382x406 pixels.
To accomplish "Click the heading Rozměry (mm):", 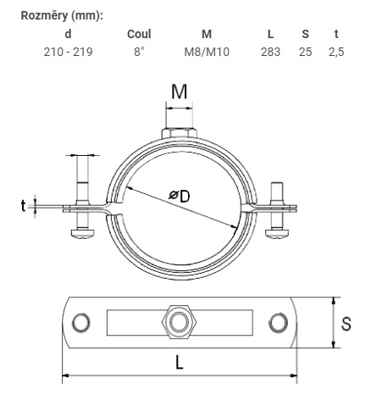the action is tap(62, 16).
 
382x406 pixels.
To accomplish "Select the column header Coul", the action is tap(139, 34).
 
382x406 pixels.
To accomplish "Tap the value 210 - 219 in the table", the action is tap(68, 52).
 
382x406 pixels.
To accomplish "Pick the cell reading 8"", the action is tap(139, 52).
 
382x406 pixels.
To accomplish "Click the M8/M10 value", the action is tap(207, 52).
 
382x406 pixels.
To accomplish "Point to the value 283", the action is tap(270, 52).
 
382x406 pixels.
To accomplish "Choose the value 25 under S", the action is tap(305, 52).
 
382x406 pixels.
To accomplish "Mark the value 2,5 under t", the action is tap(336, 52).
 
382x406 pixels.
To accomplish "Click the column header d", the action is tap(68, 34).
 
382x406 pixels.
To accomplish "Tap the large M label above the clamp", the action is tap(180, 92).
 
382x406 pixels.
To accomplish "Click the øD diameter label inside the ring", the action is tap(180, 196).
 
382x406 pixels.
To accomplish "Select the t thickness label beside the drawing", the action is tap(23, 206).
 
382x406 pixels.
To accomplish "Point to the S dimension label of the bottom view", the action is tap(346, 324).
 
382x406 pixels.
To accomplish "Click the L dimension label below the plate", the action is tap(180, 362).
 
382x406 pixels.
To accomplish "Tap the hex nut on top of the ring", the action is tap(180, 133).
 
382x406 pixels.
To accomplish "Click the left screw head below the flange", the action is tap(82, 233).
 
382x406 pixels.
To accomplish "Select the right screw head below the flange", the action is tap(277, 234).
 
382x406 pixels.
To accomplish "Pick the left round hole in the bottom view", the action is tap(81, 322).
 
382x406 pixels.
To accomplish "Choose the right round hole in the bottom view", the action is tap(279, 322).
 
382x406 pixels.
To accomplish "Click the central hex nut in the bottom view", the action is tap(180, 322).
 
